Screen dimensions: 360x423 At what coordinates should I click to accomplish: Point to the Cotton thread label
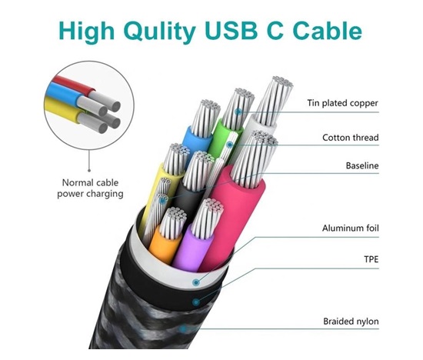point(351,138)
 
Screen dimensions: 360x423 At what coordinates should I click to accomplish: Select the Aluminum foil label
point(352,228)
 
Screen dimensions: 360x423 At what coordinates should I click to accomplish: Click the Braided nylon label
point(351,322)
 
